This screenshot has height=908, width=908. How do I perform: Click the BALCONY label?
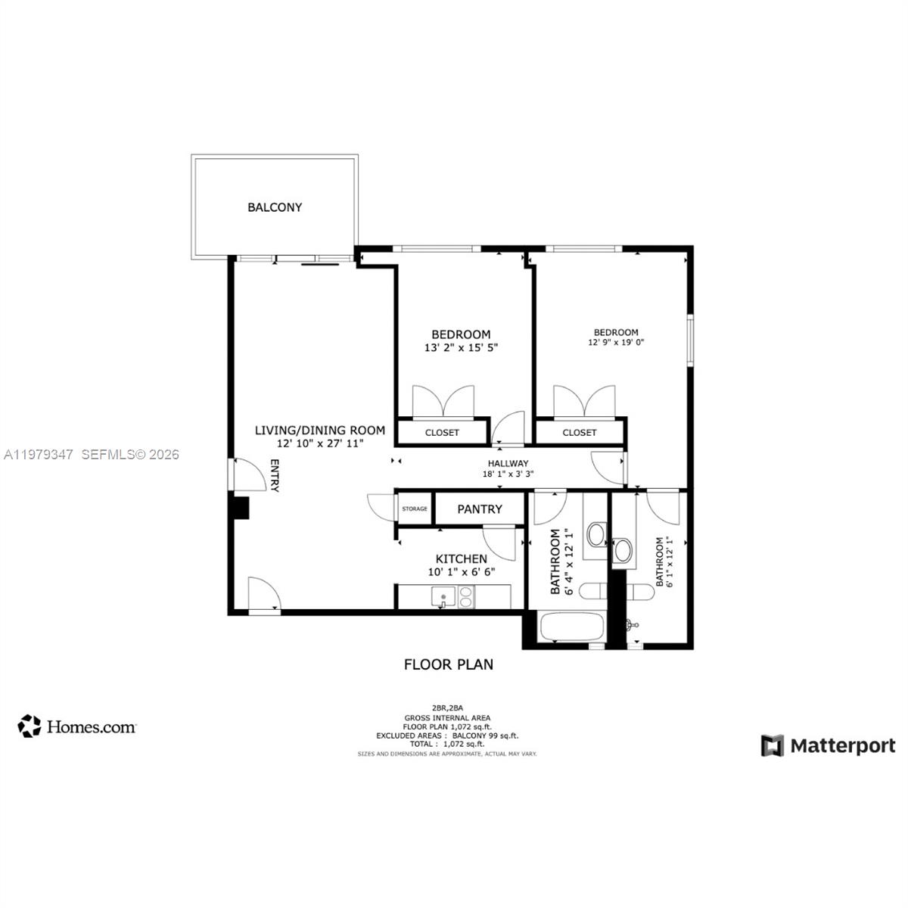275,207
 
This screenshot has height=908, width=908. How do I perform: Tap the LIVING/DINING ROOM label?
319,431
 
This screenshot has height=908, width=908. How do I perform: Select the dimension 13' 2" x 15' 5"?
461,348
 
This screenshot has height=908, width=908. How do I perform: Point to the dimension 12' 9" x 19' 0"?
616,343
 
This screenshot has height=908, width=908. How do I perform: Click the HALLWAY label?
508,464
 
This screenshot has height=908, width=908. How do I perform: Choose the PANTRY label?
480,509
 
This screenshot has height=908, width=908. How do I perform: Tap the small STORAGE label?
414,509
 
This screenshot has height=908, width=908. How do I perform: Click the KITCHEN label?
461,559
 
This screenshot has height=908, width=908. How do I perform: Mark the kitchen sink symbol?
441,596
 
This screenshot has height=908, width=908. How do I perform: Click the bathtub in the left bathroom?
571,627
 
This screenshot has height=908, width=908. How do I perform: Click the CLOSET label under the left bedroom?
442,433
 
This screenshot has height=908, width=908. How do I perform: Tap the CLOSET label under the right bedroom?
580,433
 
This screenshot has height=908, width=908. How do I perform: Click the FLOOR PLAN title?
449,664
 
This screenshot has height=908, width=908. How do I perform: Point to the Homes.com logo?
77,726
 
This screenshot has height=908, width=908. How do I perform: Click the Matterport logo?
828,745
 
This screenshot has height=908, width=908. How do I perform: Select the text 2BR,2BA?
446,708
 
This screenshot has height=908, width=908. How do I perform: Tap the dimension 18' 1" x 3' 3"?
508,475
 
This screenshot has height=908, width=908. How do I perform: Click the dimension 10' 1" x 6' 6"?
461,572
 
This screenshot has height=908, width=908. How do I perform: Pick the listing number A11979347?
39,455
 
